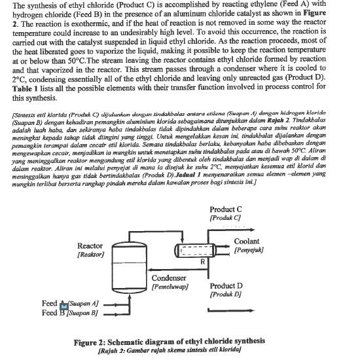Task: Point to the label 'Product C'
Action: click(x=226, y=209)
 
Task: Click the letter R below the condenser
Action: click(x=203, y=262)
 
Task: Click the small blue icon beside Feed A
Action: click(x=64, y=304)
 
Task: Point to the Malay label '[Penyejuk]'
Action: click(x=249, y=250)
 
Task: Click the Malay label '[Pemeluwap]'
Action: click(x=170, y=286)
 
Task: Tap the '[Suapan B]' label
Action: click(x=82, y=314)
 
